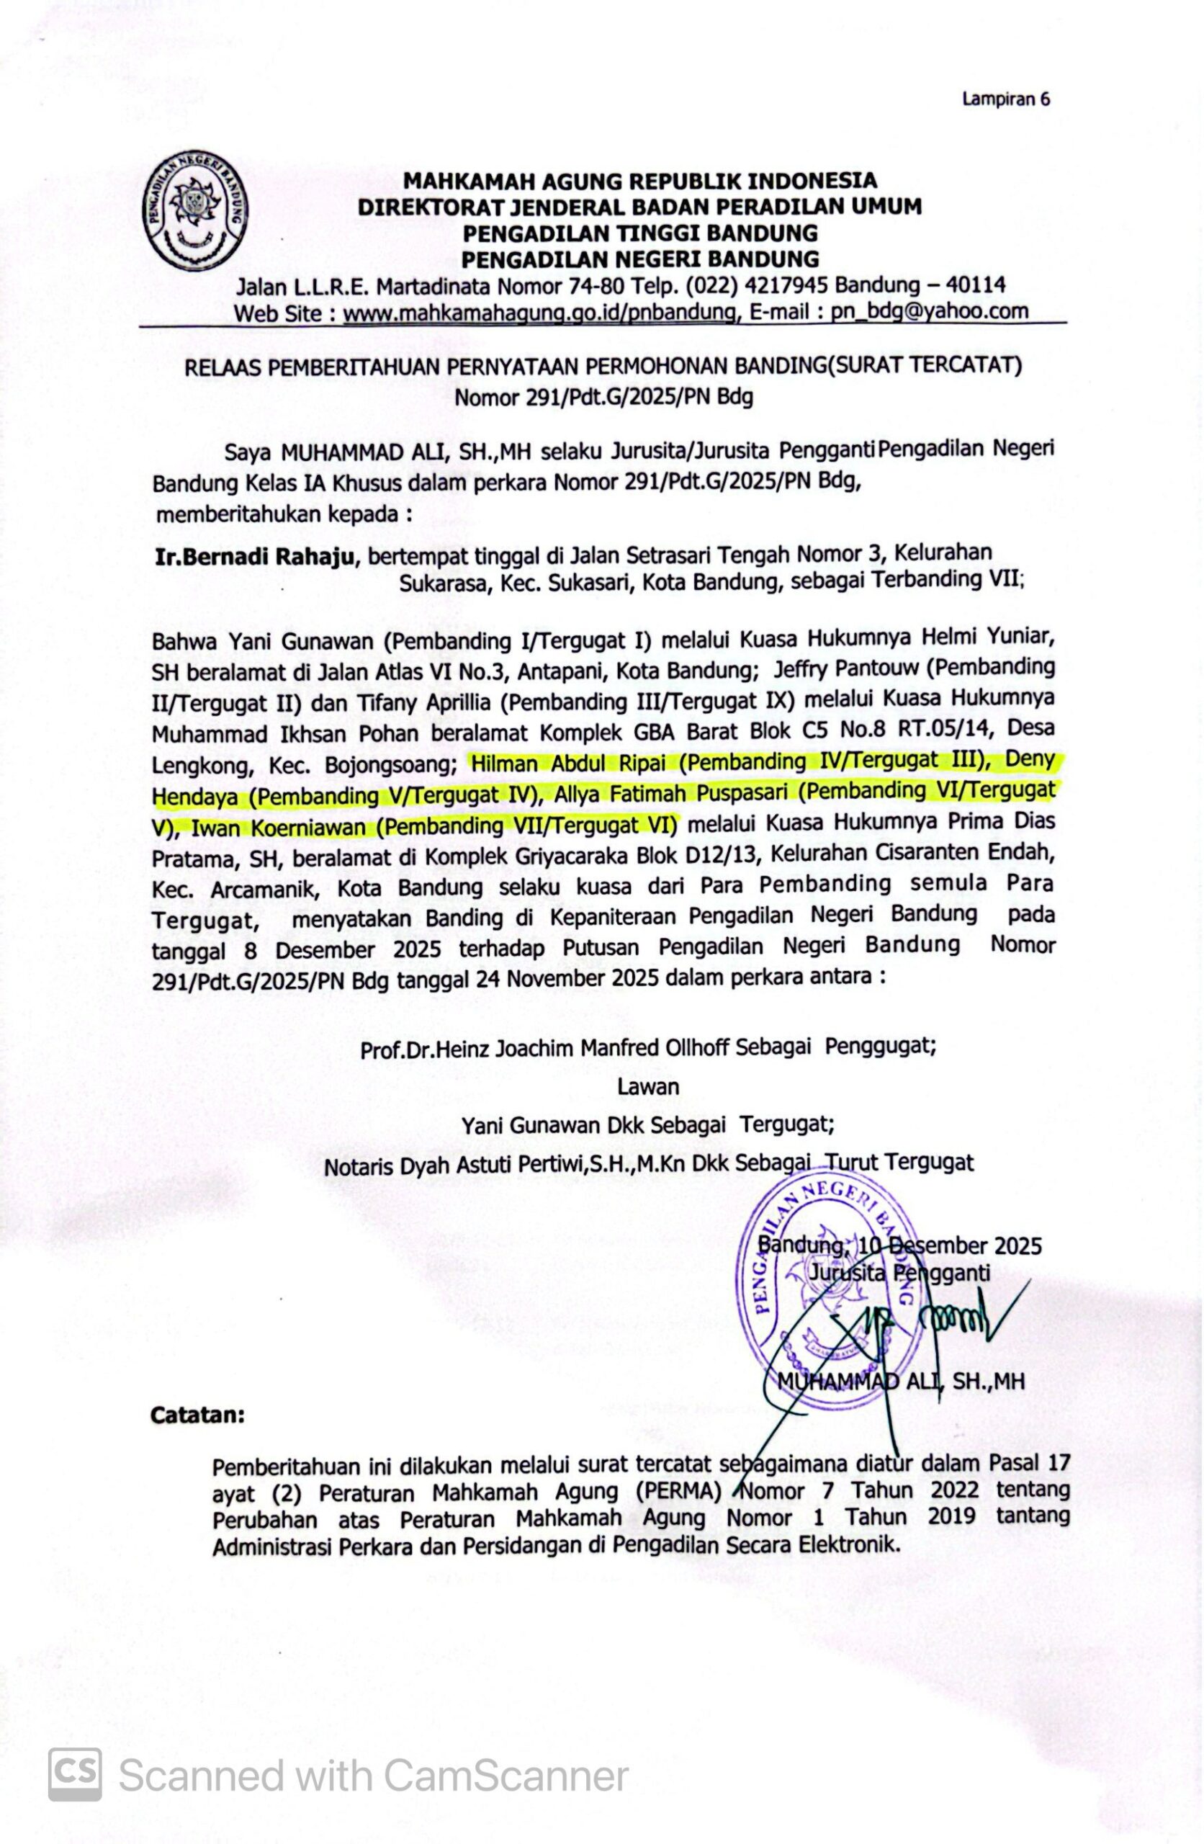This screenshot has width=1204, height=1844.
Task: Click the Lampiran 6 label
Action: (1006, 99)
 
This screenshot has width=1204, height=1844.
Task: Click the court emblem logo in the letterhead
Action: (195, 210)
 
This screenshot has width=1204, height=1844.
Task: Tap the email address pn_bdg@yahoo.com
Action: (930, 311)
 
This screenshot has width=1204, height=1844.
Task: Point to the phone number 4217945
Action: (789, 286)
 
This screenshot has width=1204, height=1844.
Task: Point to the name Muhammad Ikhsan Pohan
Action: (285, 734)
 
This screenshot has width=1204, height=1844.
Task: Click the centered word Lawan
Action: (647, 1086)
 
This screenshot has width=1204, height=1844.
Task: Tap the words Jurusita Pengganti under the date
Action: (899, 1273)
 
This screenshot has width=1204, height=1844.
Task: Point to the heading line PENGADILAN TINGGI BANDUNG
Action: (640, 233)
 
